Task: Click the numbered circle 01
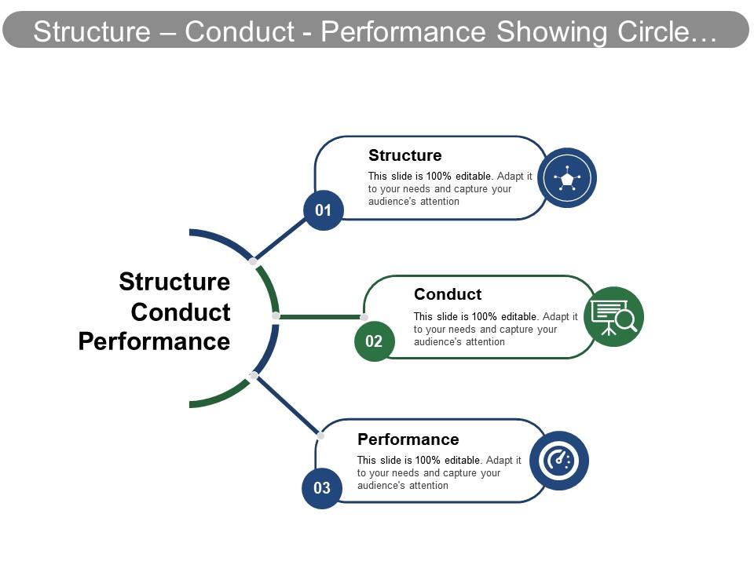tap(324, 210)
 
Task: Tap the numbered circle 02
tap(374, 341)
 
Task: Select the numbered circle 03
tap(322, 488)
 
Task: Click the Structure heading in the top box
tap(405, 155)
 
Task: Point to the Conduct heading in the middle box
tap(448, 294)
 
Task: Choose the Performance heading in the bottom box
tap(408, 439)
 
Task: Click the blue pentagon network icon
tap(567, 178)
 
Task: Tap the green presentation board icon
tap(613, 317)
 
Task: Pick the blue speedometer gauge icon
tap(559, 461)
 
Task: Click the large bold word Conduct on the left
tap(181, 312)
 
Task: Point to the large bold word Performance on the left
tap(154, 342)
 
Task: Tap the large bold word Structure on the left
tap(174, 282)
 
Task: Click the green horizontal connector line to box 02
tap(320, 317)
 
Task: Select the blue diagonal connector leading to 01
tap(280, 239)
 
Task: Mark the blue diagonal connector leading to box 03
tap(287, 405)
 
